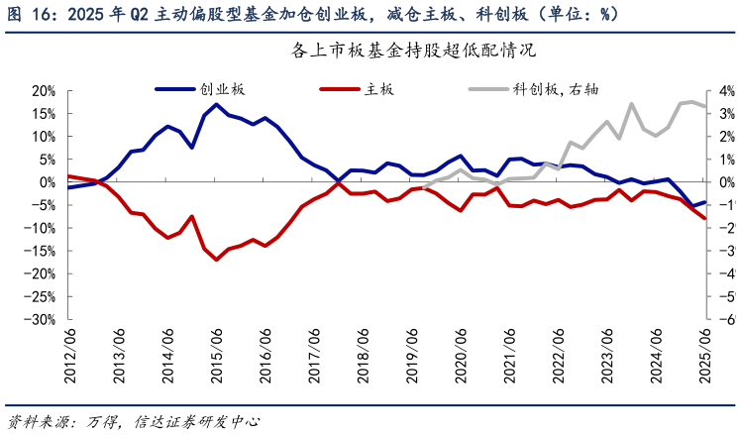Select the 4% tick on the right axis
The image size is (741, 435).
723,90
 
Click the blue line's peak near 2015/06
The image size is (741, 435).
217,104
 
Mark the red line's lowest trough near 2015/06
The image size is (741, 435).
217,260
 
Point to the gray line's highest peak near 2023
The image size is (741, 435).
631,103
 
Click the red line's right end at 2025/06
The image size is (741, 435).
705,219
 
